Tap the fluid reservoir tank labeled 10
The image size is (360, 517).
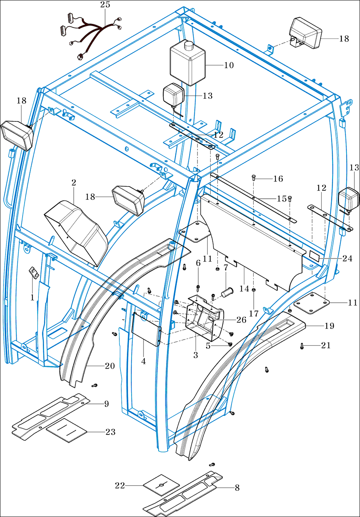click(x=188, y=64)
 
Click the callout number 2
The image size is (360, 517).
click(x=74, y=183)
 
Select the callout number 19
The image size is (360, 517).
click(x=329, y=326)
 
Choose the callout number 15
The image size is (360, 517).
click(x=281, y=198)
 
